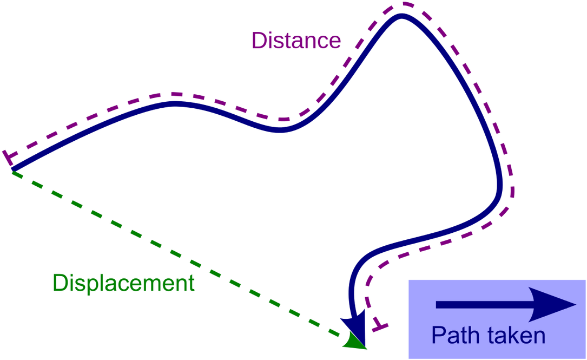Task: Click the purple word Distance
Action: tap(296, 41)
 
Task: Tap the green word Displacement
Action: tap(123, 283)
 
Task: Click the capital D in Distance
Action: tap(258, 41)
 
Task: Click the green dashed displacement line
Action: tap(179, 254)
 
